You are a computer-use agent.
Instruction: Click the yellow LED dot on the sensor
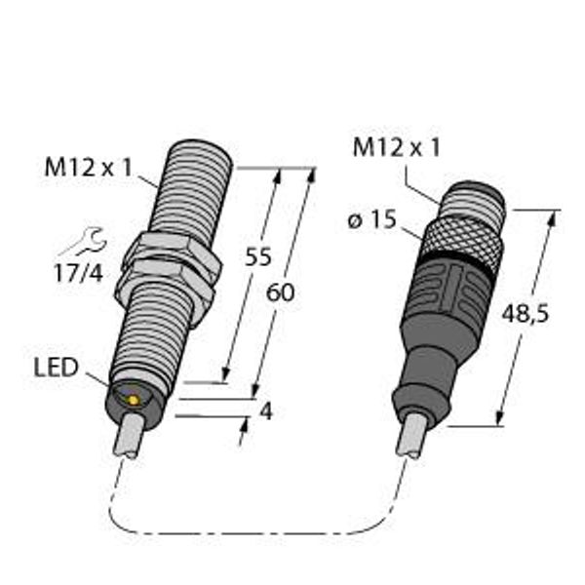coord(133,401)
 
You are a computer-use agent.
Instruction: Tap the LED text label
coord(56,368)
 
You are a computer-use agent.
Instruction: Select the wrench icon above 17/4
coord(83,242)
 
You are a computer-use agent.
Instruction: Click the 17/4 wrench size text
coord(78,273)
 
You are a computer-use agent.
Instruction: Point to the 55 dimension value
coord(257,256)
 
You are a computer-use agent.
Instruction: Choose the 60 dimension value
coord(280,292)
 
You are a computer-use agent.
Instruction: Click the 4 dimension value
coord(266,411)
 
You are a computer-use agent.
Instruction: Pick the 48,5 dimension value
coord(526,313)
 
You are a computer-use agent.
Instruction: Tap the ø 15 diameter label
coord(372,219)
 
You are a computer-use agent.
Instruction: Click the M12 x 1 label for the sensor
coord(89,167)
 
